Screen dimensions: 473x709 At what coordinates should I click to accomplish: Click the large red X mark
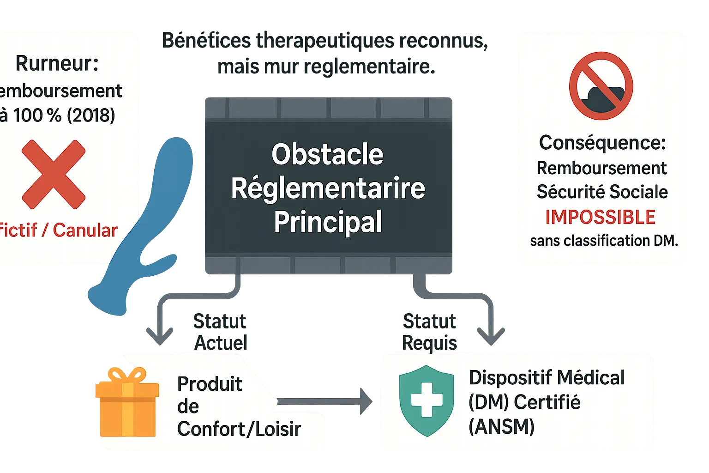(x=54, y=174)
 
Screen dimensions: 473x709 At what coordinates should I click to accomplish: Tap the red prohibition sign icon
(x=601, y=86)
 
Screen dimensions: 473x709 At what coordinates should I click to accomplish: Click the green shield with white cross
(x=427, y=400)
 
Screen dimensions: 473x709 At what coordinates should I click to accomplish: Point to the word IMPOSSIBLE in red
(x=600, y=217)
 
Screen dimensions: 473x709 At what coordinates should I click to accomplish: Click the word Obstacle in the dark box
(x=327, y=154)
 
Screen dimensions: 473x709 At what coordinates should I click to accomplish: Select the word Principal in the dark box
(x=328, y=222)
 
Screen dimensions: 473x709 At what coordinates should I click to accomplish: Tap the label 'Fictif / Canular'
(x=59, y=230)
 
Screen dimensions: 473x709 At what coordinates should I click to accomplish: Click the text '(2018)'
(x=91, y=115)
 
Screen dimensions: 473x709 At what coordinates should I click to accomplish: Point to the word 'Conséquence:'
(x=602, y=143)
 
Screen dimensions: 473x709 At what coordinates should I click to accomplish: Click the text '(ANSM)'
(x=501, y=426)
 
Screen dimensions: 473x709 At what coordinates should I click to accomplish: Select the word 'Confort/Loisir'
(x=239, y=429)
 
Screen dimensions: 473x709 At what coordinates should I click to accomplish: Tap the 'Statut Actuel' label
(x=220, y=332)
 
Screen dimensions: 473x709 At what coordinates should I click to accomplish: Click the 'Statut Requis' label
(x=429, y=332)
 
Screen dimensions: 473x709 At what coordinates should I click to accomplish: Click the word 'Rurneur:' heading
(x=57, y=63)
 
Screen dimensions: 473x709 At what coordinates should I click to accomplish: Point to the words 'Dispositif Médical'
(x=547, y=377)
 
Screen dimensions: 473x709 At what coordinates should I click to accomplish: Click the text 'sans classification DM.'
(x=604, y=241)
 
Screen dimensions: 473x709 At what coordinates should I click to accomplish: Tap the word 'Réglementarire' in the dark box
(x=328, y=188)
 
